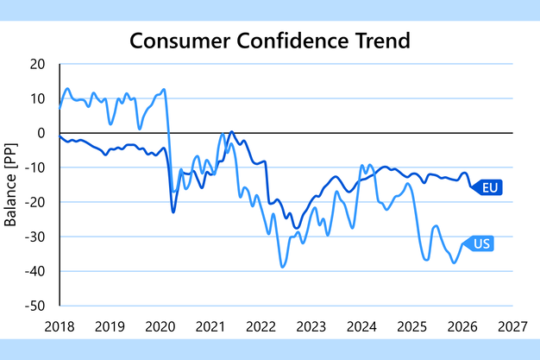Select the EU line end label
[x=491, y=187]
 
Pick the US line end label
[x=481, y=243]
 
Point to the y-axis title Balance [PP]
[x=12, y=185]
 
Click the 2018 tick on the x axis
[x=60, y=326]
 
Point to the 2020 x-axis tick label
[x=160, y=326]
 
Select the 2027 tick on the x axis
[x=513, y=326]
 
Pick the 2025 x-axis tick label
[x=412, y=326]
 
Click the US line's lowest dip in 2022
[x=282, y=267]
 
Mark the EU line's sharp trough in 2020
[x=173, y=212]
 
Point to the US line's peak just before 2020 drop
[x=163, y=89]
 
